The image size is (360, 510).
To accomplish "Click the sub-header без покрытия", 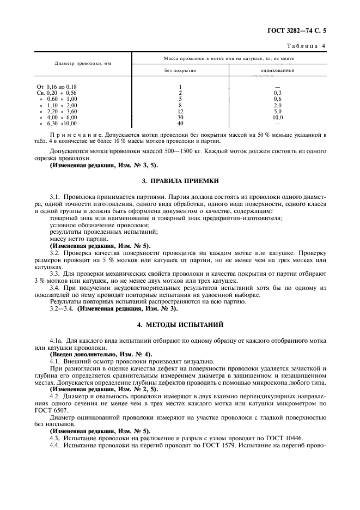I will coord(180,70).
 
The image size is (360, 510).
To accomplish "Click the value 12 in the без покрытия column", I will coord(180,111).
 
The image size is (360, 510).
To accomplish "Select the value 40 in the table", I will coord(180,123).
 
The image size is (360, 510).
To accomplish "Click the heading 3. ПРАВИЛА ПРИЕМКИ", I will coord(180,180).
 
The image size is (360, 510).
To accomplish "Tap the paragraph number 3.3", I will coord(56,272).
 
